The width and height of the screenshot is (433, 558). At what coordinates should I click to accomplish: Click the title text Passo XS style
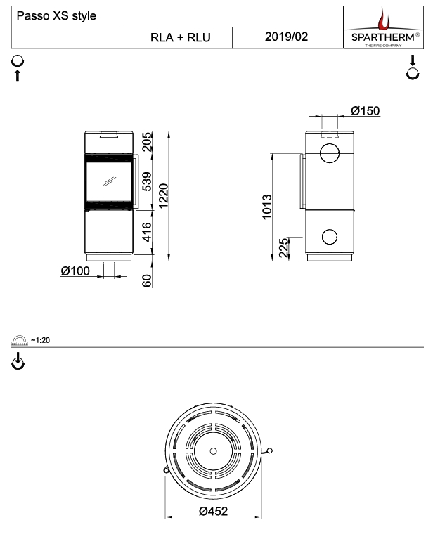click(x=56, y=16)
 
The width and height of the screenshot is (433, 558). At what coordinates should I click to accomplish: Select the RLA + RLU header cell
click(x=177, y=37)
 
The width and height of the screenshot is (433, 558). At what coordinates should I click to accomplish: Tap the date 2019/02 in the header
click(x=286, y=37)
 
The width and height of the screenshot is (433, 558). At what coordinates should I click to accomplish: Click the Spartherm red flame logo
click(x=384, y=20)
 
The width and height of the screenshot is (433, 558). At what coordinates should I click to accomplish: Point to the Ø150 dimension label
click(x=366, y=110)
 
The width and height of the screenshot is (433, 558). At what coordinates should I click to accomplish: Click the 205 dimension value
click(x=147, y=142)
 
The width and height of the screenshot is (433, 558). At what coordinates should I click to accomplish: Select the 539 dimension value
click(x=147, y=181)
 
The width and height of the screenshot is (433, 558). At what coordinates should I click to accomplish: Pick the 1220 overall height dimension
click(x=163, y=196)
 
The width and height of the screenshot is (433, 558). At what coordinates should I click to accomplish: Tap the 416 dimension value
click(x=147, y=232)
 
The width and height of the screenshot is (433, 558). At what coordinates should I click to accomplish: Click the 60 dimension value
click(x=147, y=281)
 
